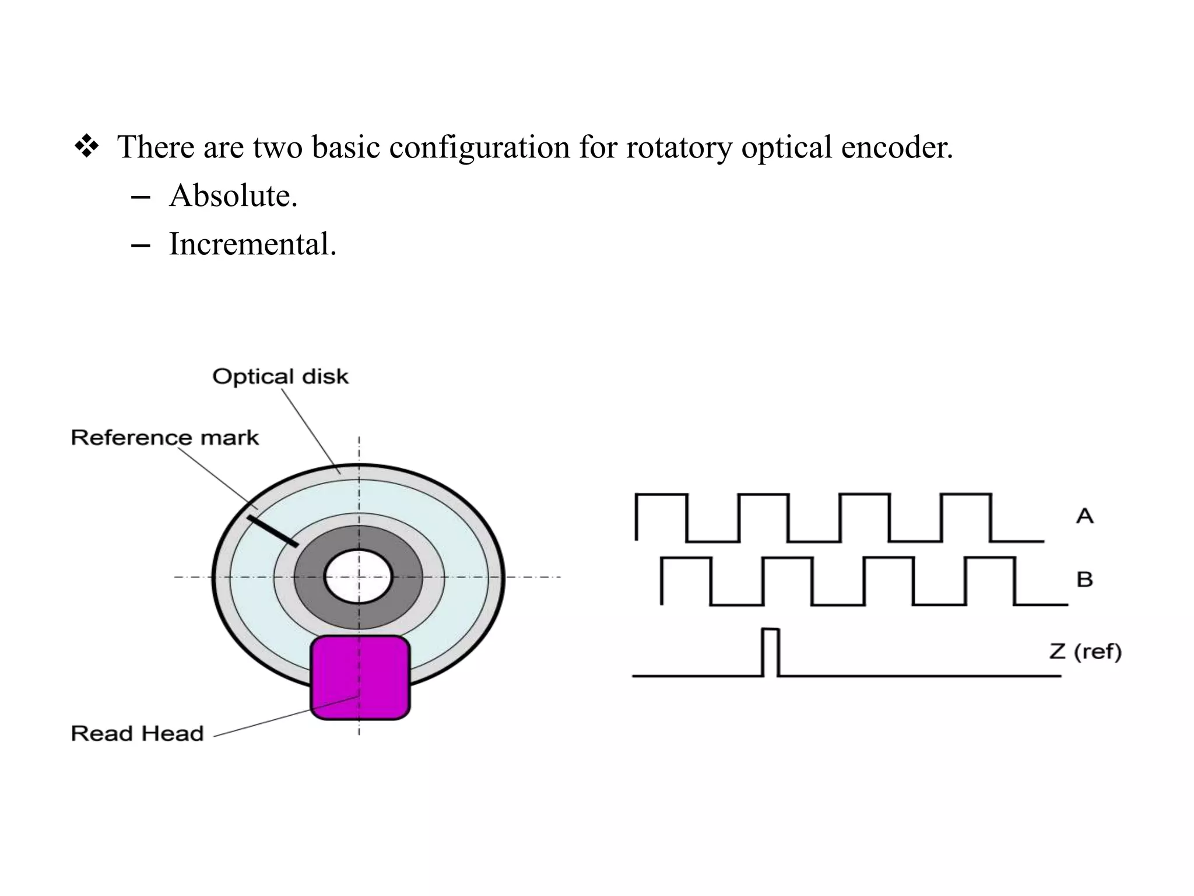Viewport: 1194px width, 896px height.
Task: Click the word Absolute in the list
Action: point(233,195)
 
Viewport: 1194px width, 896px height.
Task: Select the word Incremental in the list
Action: point(252,244)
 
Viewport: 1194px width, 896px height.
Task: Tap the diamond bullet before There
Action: point(87,146)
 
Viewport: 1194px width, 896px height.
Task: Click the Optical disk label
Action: point(280,377)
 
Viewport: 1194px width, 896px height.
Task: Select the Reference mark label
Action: point(164,437)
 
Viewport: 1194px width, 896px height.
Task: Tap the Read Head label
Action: point(138,733)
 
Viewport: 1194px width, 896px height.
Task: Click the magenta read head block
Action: point(360,677)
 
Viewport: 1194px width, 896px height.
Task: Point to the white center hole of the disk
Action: point(358,577)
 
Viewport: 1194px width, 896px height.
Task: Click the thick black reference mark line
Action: point(273,530)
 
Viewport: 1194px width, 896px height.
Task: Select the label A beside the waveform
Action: point(1084,516)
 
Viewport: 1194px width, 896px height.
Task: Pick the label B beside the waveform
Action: point(1084,579)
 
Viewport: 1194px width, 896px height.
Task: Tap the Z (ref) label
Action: point(1085,651)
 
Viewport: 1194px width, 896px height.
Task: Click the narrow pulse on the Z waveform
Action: point(770,652)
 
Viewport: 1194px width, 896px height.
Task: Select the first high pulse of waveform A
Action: point(661,516)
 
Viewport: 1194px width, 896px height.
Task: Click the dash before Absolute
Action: point(141,198)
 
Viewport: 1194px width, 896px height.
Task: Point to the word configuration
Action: point(479,146)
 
